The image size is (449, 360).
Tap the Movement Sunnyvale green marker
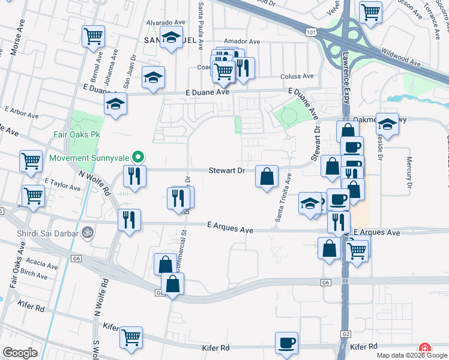click(x=138, y=158)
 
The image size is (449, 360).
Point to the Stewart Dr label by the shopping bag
click(x=227, y=170)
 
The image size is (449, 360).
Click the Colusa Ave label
click(x=297, y=76)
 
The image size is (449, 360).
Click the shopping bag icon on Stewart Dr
click(x=267, y=176)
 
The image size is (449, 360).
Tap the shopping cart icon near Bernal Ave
click(x=93, y=37)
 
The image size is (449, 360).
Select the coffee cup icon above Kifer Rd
click(x=286, y=343)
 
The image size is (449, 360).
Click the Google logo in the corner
click(x=20, y=353)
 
